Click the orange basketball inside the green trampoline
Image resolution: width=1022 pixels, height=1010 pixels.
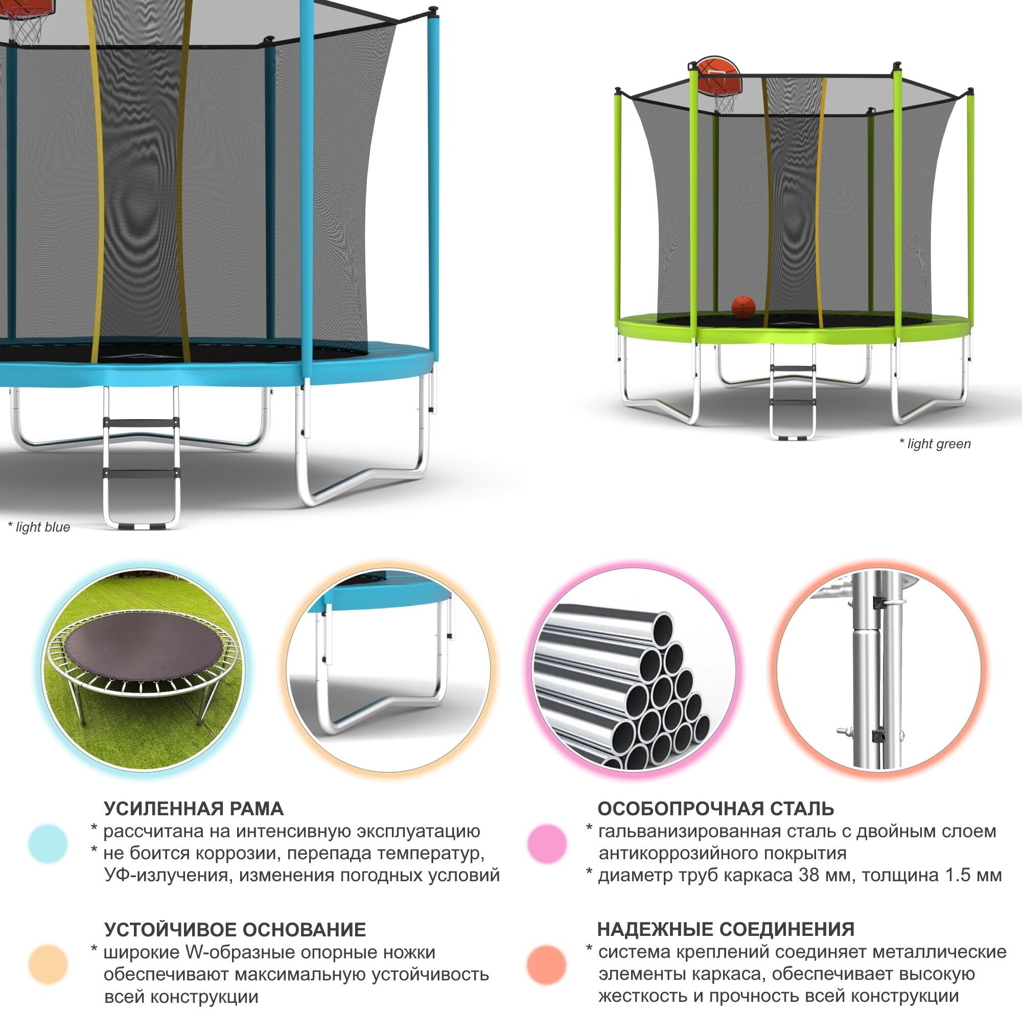point(743,307)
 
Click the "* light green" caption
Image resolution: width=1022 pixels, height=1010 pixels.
point(935,444)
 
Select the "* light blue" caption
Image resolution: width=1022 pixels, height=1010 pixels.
point(39,527)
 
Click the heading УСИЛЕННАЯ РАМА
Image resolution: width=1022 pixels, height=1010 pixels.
point(194,809)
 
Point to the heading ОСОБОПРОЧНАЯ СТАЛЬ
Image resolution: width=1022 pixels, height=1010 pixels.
point(716,809)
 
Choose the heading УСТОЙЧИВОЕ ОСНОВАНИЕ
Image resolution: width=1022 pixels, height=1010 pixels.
point(235,930)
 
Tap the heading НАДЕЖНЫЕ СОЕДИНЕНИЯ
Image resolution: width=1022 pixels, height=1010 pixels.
point(726,929)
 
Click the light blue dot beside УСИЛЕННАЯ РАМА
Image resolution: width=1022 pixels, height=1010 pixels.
point(48,844)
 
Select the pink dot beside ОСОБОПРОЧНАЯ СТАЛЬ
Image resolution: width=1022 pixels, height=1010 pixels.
point(547,843)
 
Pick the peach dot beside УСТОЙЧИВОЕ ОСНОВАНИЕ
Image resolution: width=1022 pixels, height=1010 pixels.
point(48,965)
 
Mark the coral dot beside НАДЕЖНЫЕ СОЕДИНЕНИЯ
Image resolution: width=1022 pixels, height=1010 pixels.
point(547,965)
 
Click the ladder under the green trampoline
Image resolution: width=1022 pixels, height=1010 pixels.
point(792,392)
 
